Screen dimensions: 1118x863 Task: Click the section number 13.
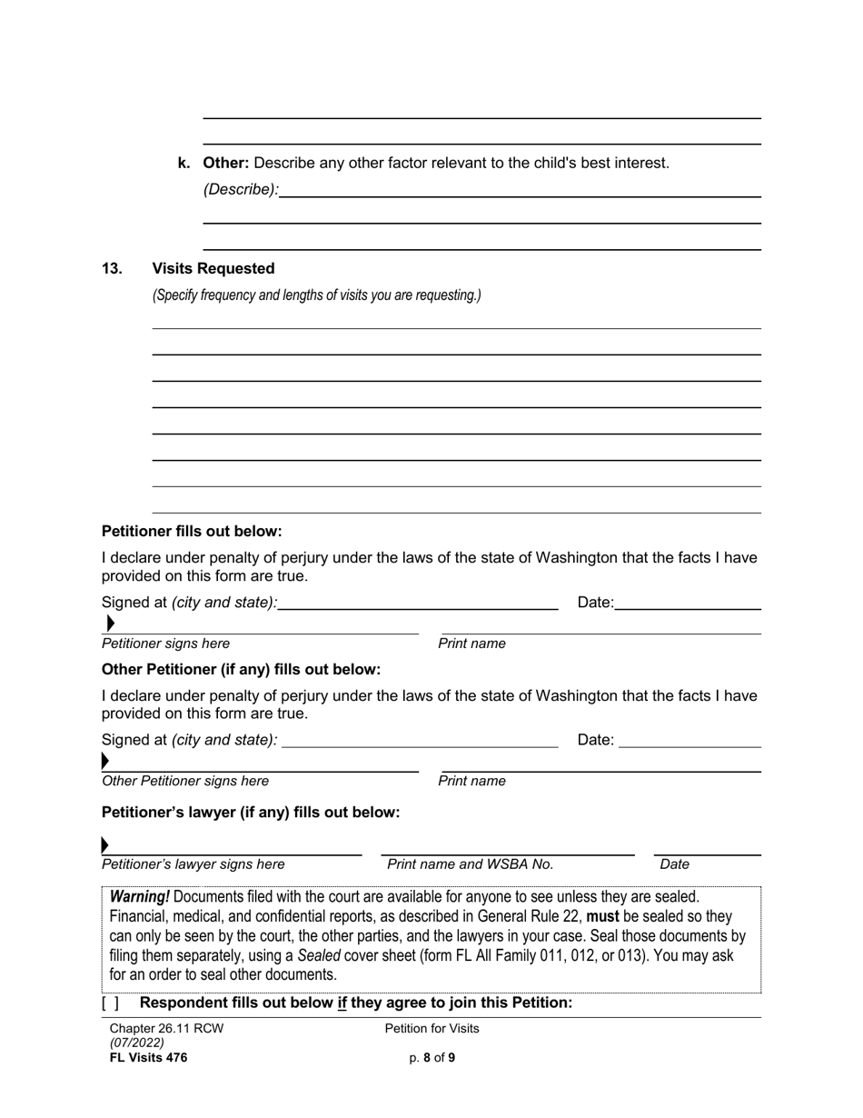[112, 269]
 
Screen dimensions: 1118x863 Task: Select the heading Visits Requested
[213, 269]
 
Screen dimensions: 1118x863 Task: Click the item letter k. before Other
[184, 164]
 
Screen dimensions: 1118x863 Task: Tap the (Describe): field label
[241, 190]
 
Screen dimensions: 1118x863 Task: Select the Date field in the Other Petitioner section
[689, 740]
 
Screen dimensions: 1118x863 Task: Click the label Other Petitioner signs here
[185, 781]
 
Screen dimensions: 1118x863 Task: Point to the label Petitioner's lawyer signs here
[193, 864]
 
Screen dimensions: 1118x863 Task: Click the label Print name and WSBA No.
[470, 864]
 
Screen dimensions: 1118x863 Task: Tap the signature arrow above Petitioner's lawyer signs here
[105, 845]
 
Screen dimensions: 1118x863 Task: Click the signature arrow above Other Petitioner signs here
[105, 761]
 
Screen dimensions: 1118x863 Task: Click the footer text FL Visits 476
[148, 1057]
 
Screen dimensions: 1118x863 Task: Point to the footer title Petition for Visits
[431, 1029]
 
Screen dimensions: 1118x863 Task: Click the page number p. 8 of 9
[431, 1057]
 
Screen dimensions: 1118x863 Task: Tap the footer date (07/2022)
[136, 1043]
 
